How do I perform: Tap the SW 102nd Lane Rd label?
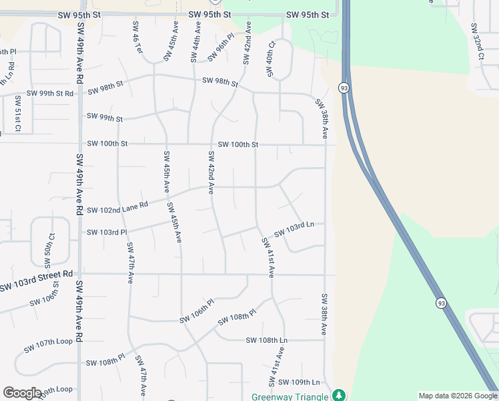[x=117, y=209]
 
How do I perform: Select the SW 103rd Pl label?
[x=107, y=233]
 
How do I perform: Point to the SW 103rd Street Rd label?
[x=36, y=280]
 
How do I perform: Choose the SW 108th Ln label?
[x=266, y=340]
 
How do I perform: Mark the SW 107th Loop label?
[x=48, y=346]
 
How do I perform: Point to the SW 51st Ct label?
[x=18, y=114]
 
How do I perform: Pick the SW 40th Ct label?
[x=271, y=59]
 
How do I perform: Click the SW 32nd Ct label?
[x=476, y=41]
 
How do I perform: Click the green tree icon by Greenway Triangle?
[x=340, y=396]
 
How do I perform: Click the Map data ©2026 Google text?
[x=457, y=396]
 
